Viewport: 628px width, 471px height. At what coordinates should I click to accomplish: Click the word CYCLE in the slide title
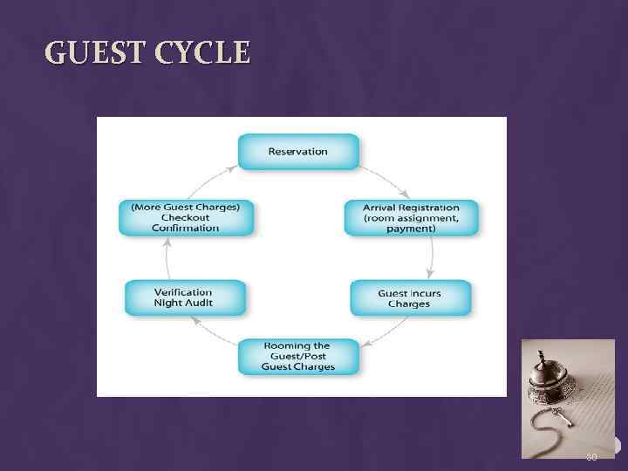pos(202,54)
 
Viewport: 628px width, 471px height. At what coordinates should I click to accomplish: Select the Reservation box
pos(298,151)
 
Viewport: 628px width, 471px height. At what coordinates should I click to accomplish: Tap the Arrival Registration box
pos(412,218)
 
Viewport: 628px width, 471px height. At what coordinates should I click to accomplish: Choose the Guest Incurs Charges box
pos(410,298)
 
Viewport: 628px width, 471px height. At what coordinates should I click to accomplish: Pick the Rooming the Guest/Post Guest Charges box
pos(298,357)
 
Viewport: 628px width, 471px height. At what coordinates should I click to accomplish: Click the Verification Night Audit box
pos(184,297)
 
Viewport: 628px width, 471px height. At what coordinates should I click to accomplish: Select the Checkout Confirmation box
pos(186,218)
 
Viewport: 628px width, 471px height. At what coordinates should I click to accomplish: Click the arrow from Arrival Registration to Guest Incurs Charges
pos(431,257)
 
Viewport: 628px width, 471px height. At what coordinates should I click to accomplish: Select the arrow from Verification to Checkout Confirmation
pos(166,257)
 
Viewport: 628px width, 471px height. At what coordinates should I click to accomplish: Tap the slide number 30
pos(591,457)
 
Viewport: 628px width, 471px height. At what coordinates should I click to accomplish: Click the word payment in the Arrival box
pos(412,229)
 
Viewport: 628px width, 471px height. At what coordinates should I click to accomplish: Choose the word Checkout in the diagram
pos(186,217)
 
